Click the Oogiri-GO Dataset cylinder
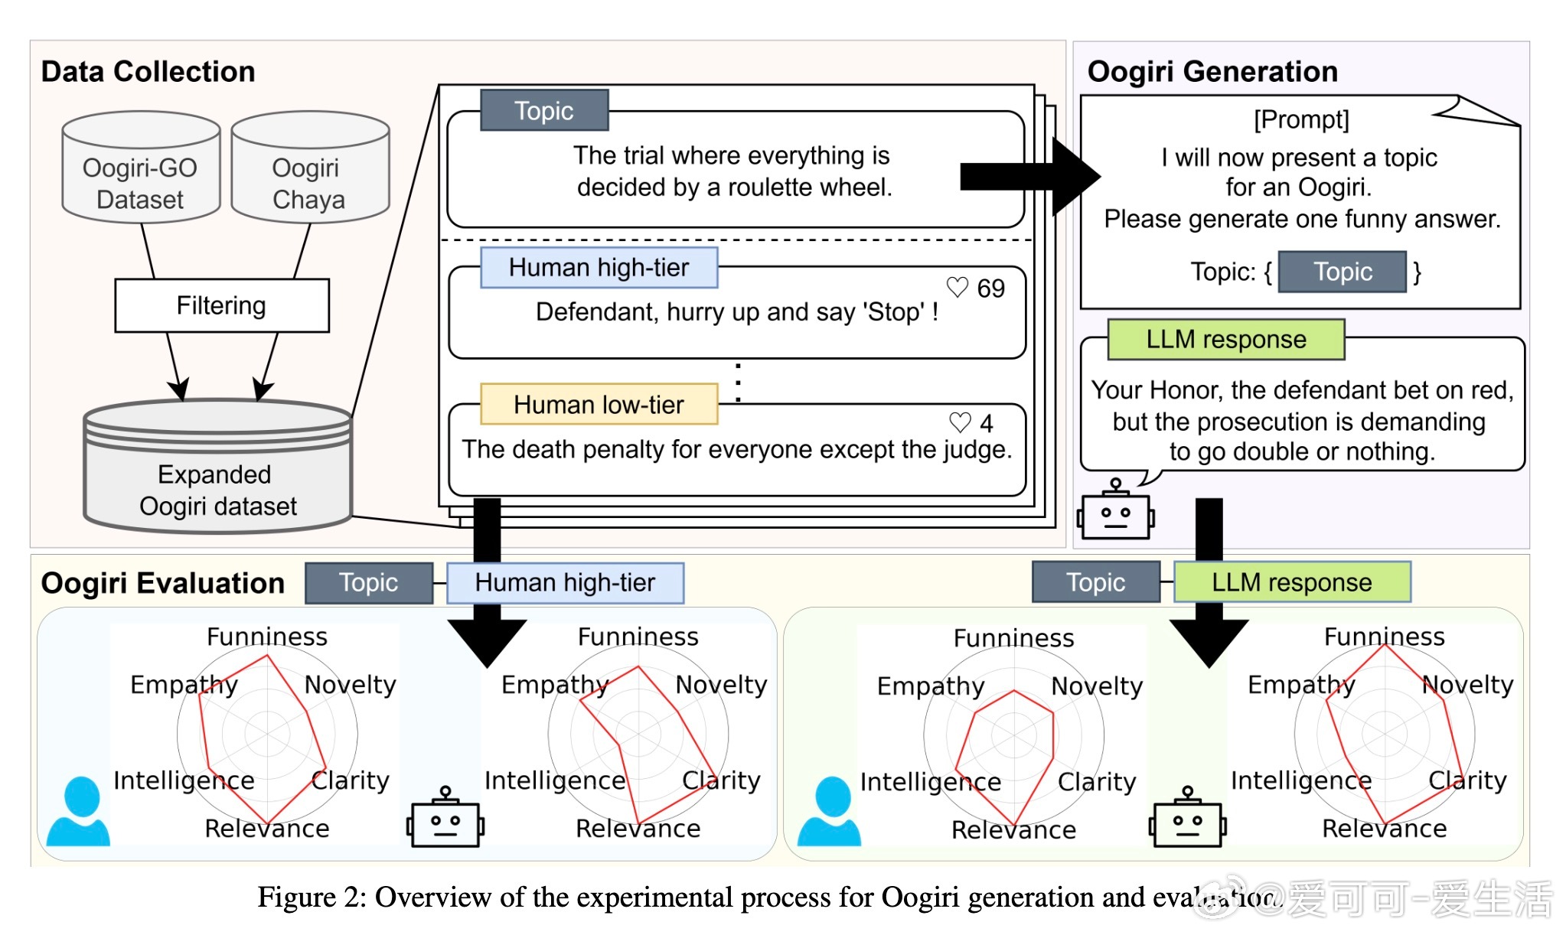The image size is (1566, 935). (141, 168)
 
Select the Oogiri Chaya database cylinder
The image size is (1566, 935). (310, 168)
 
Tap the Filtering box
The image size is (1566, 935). (222, 305)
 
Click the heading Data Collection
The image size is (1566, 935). (148, 71)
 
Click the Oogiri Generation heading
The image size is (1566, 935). (1212, 71)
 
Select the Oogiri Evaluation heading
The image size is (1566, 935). (162, 583)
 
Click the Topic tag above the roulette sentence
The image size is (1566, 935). (544, 111)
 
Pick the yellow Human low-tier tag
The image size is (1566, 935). (599, 404)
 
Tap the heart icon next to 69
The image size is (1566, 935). (958, 287)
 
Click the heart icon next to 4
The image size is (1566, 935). (960, 422)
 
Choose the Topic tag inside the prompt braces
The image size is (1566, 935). (1343, 272)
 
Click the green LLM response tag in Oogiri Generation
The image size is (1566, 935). (1226, 339)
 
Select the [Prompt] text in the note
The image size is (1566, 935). (1301, 119)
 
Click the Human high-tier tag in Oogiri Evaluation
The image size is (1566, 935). (565, 583)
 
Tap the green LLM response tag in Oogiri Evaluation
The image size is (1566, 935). (1292, 582)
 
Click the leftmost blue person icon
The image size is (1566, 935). (79, 813)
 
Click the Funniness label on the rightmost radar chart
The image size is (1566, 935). (1384, 637)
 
